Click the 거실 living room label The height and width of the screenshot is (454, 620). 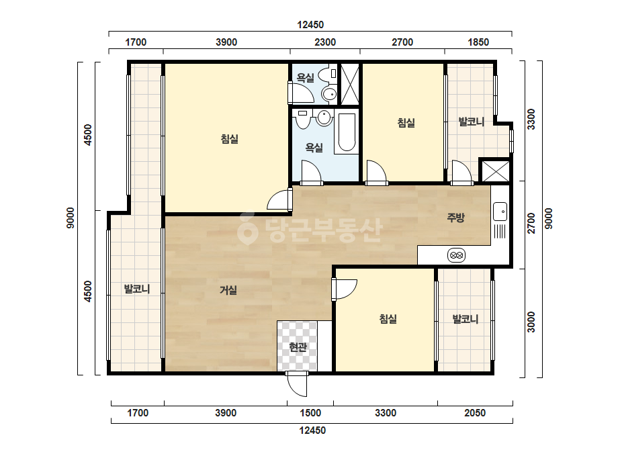click(228, 290)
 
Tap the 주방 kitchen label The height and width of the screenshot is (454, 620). click(455, 217)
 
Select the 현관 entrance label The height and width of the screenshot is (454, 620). click(298, 347)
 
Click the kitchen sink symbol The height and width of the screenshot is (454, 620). click(500, 212)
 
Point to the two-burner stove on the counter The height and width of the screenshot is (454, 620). click(456, 255)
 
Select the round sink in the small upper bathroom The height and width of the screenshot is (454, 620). click(329, 94)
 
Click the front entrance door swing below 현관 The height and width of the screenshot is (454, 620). click(297, 383)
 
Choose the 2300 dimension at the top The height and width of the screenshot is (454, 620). click(325, 42)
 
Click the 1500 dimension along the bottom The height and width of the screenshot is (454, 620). click(310, 413)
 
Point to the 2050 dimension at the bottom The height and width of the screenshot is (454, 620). click(474, 413)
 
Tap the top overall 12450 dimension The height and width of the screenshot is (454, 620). click(310, 25)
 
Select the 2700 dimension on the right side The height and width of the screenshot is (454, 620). click(531, 224)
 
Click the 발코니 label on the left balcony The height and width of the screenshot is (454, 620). click(137, 289)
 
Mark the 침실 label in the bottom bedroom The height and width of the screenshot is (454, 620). click(388, 319)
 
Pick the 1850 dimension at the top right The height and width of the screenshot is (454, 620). click(478, 42)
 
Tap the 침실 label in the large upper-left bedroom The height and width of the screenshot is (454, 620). click(229, 139)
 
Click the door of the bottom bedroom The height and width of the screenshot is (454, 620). click(345, 289)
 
